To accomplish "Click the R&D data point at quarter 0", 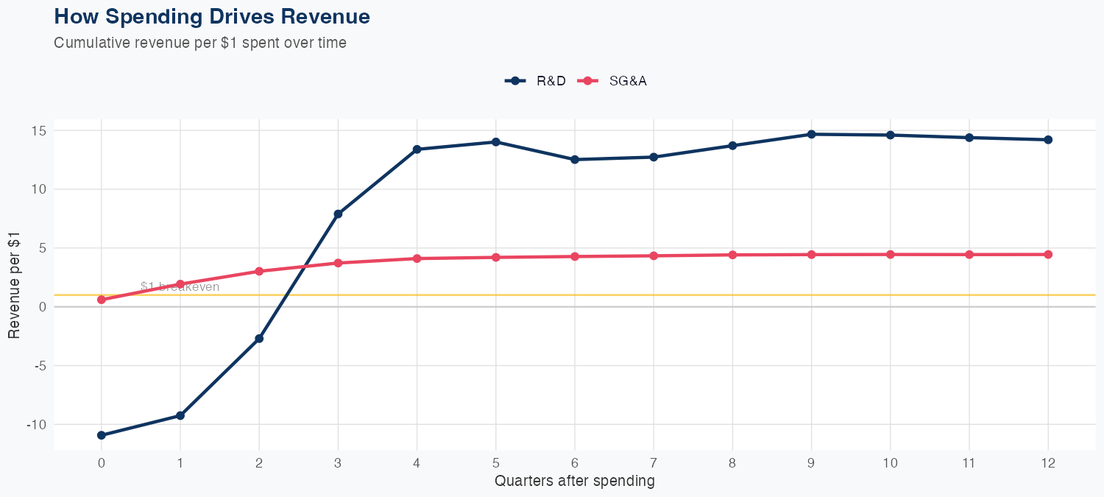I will tap(101, 435).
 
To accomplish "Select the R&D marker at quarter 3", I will tap(338, 214).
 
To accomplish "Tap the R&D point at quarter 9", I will tap(811, 134).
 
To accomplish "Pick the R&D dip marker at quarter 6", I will tap(575, 160).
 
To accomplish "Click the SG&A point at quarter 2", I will tap(259, 271).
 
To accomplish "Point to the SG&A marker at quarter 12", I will tap(1048, 255).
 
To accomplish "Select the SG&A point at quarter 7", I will tap(654, 255).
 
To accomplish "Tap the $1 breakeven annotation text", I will tap(180, 287).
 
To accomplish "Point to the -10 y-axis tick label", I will tap(35, 425).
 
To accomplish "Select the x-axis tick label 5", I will tap(496, 463).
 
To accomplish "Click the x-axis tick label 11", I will tap(969, 463).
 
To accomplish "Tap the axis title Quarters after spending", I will tap(574, 482).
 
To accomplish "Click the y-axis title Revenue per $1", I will tap(14, 285).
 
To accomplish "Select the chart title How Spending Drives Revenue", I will tap(212, 16).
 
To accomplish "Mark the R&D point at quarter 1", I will tap(180, 415).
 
